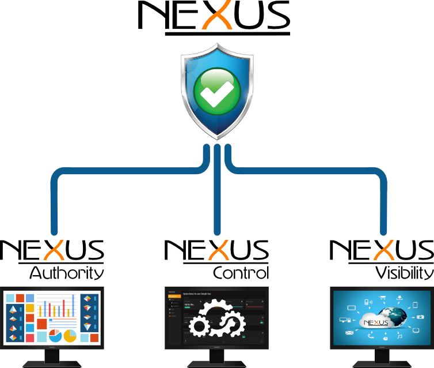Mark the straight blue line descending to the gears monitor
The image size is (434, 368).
coord(217,196)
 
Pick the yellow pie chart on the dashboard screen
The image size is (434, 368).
coord(70,335)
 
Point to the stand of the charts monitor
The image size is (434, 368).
coord(52,358)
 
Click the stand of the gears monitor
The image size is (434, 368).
coord(217,358)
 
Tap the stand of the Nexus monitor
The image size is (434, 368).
coord(381,358)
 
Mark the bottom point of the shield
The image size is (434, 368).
coord(217,138)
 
